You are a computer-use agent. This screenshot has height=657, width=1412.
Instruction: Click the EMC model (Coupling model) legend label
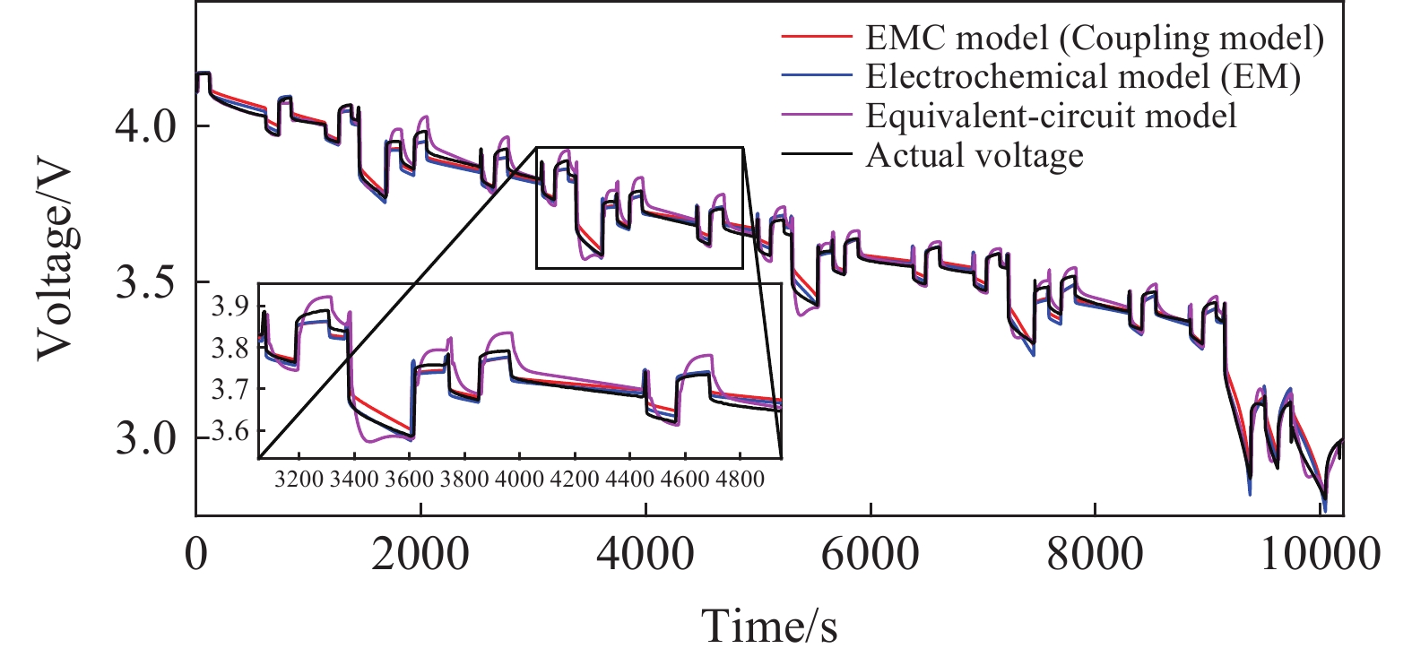coord(1094,38)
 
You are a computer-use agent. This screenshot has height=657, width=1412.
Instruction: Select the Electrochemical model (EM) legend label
coord(1082,77)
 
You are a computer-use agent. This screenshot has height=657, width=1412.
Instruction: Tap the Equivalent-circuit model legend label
coord(1051,117)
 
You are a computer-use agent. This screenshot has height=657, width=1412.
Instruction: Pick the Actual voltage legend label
coord(975,156)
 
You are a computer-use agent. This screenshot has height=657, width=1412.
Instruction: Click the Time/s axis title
coord(769,625)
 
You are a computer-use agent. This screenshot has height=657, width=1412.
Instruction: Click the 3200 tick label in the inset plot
coord(299,479)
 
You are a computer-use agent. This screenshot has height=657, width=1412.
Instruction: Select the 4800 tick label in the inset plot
coord(740,479)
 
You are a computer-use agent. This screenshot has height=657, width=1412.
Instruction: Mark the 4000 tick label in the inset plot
coord(519,479)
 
